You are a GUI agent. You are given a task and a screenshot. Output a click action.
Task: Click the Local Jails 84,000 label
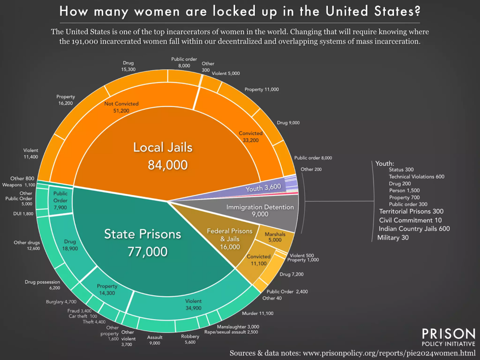click(x=163, y=156)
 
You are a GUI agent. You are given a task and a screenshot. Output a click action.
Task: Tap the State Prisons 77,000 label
click(x=142, y=243)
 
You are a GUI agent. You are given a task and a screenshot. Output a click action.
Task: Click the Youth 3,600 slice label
click(x=264, y=188)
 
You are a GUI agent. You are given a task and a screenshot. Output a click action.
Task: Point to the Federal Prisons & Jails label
click(x=230, y=239)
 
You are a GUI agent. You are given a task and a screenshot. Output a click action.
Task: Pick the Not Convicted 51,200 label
click(x=121, y=107)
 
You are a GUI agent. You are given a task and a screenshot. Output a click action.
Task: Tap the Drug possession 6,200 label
click(x=42, y=285)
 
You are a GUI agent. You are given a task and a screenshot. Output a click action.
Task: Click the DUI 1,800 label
click(x=23, y=214)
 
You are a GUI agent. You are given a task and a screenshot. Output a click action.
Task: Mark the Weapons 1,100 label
click(x=19, y=185)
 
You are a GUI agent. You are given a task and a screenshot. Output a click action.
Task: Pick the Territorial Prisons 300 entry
click(x=411, y=212)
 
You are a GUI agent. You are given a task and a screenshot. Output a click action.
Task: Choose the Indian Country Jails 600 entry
click(x=414, y=228)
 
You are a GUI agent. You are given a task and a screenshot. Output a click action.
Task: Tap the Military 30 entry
click(x=393, y=238)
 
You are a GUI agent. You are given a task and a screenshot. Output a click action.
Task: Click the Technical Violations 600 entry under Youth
click(x=416, y=176)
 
